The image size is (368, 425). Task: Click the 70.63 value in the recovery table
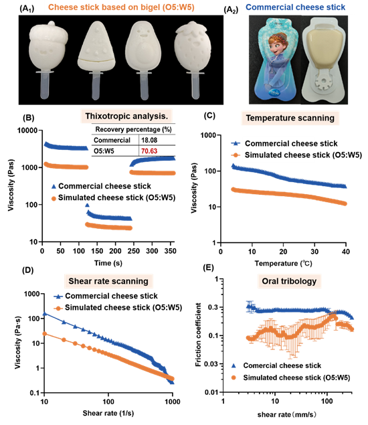point(149,151)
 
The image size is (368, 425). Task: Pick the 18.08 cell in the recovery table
point(149,140)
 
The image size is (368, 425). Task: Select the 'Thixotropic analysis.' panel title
point(126,116)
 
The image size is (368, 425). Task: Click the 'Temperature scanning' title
point(290,118)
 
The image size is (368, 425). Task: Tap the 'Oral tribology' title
point(289,281)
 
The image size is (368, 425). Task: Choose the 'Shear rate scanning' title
point(108,281)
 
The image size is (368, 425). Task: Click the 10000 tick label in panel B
point(27,131)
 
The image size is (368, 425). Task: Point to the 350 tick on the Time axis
point(170,251)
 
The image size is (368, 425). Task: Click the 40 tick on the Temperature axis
point(346,252)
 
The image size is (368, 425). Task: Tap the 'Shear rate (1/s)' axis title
point(108,413)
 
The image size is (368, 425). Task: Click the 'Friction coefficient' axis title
point(198,335)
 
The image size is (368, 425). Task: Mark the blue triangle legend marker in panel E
point(234,366)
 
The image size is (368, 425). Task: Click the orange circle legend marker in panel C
point(236,155)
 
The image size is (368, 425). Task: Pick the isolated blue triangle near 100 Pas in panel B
point(87,205)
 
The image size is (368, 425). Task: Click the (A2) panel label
point(231,9)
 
